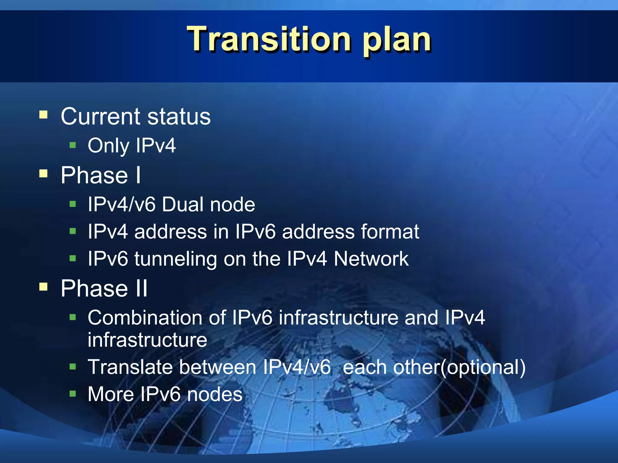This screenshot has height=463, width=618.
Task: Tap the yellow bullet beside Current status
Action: [43, 115]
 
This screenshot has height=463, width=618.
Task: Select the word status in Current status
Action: [179, 117]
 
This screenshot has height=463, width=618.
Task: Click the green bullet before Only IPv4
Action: [72, 146]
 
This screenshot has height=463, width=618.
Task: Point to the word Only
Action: [108, 146]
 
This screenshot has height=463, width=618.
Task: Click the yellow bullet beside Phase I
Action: [43, 174]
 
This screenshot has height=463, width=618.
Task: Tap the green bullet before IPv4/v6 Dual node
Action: [72, 204]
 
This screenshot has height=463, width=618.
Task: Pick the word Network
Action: [371, 259]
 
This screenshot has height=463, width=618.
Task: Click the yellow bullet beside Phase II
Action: [43, 287]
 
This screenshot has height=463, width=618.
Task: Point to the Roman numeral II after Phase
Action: [141, 288]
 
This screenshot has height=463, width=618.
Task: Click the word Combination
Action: [157, 318]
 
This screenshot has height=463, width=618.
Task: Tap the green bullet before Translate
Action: [72, 367]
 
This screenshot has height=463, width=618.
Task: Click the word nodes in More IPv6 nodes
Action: [215, 395]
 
